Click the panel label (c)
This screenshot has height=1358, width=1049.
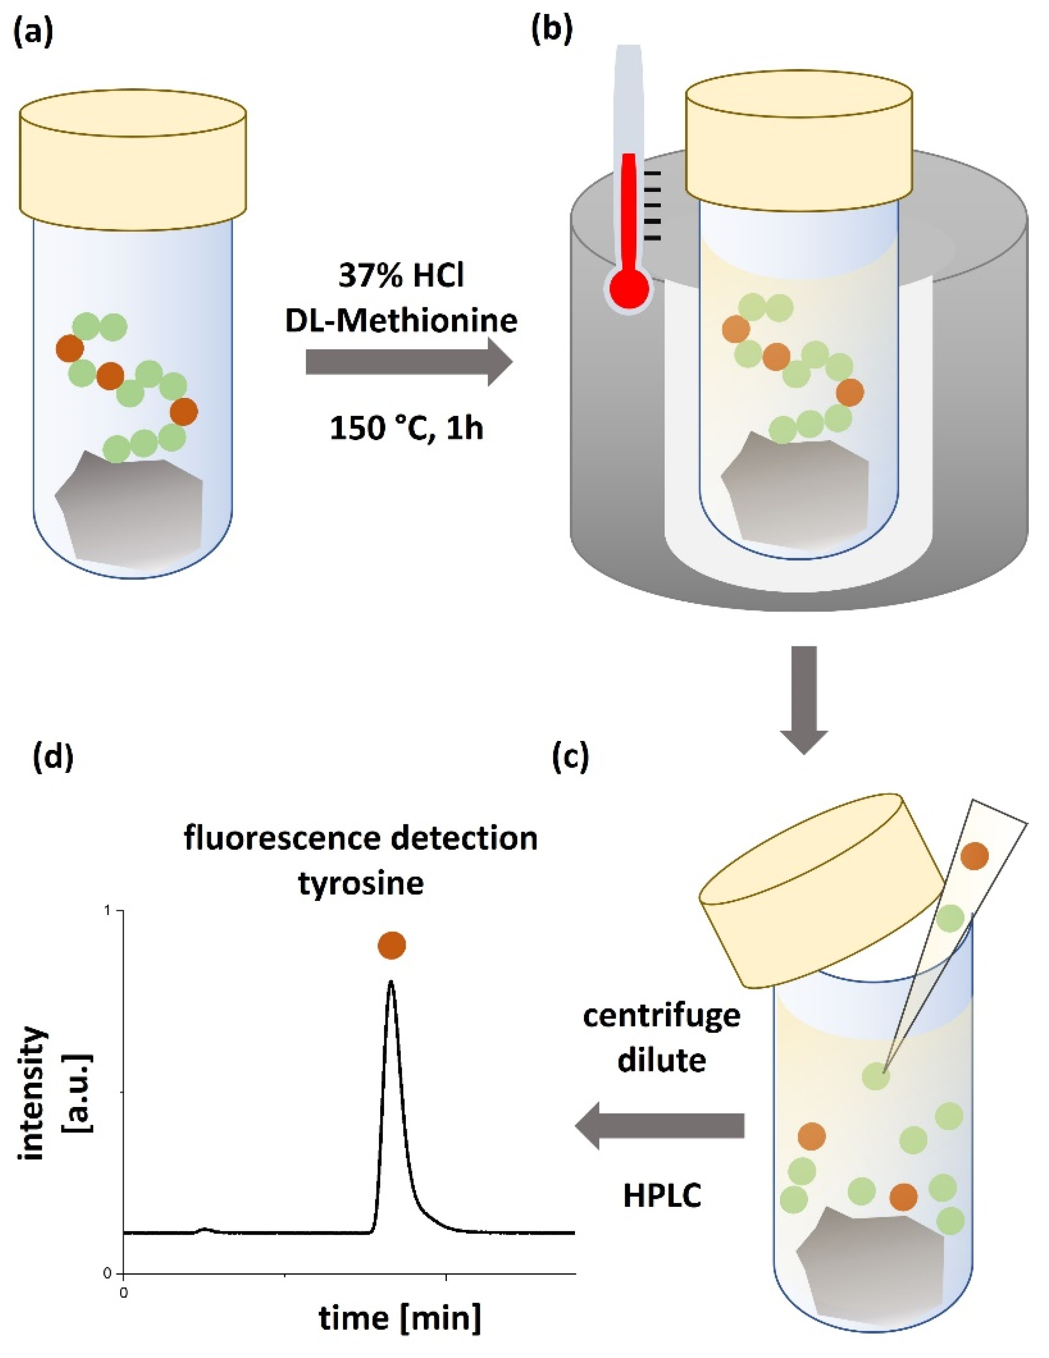[570, 757]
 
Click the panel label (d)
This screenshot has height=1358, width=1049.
[53, 757]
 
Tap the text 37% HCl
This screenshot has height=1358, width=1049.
[401, 276]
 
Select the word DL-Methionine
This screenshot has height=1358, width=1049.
[401, 321]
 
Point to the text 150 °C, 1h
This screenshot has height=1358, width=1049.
[406, 428]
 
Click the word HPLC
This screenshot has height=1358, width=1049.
[662, 1195]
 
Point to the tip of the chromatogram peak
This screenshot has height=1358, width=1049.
[391, 983]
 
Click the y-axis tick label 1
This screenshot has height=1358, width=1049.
[107, 910]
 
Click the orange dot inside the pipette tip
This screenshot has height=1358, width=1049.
[974, 856]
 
